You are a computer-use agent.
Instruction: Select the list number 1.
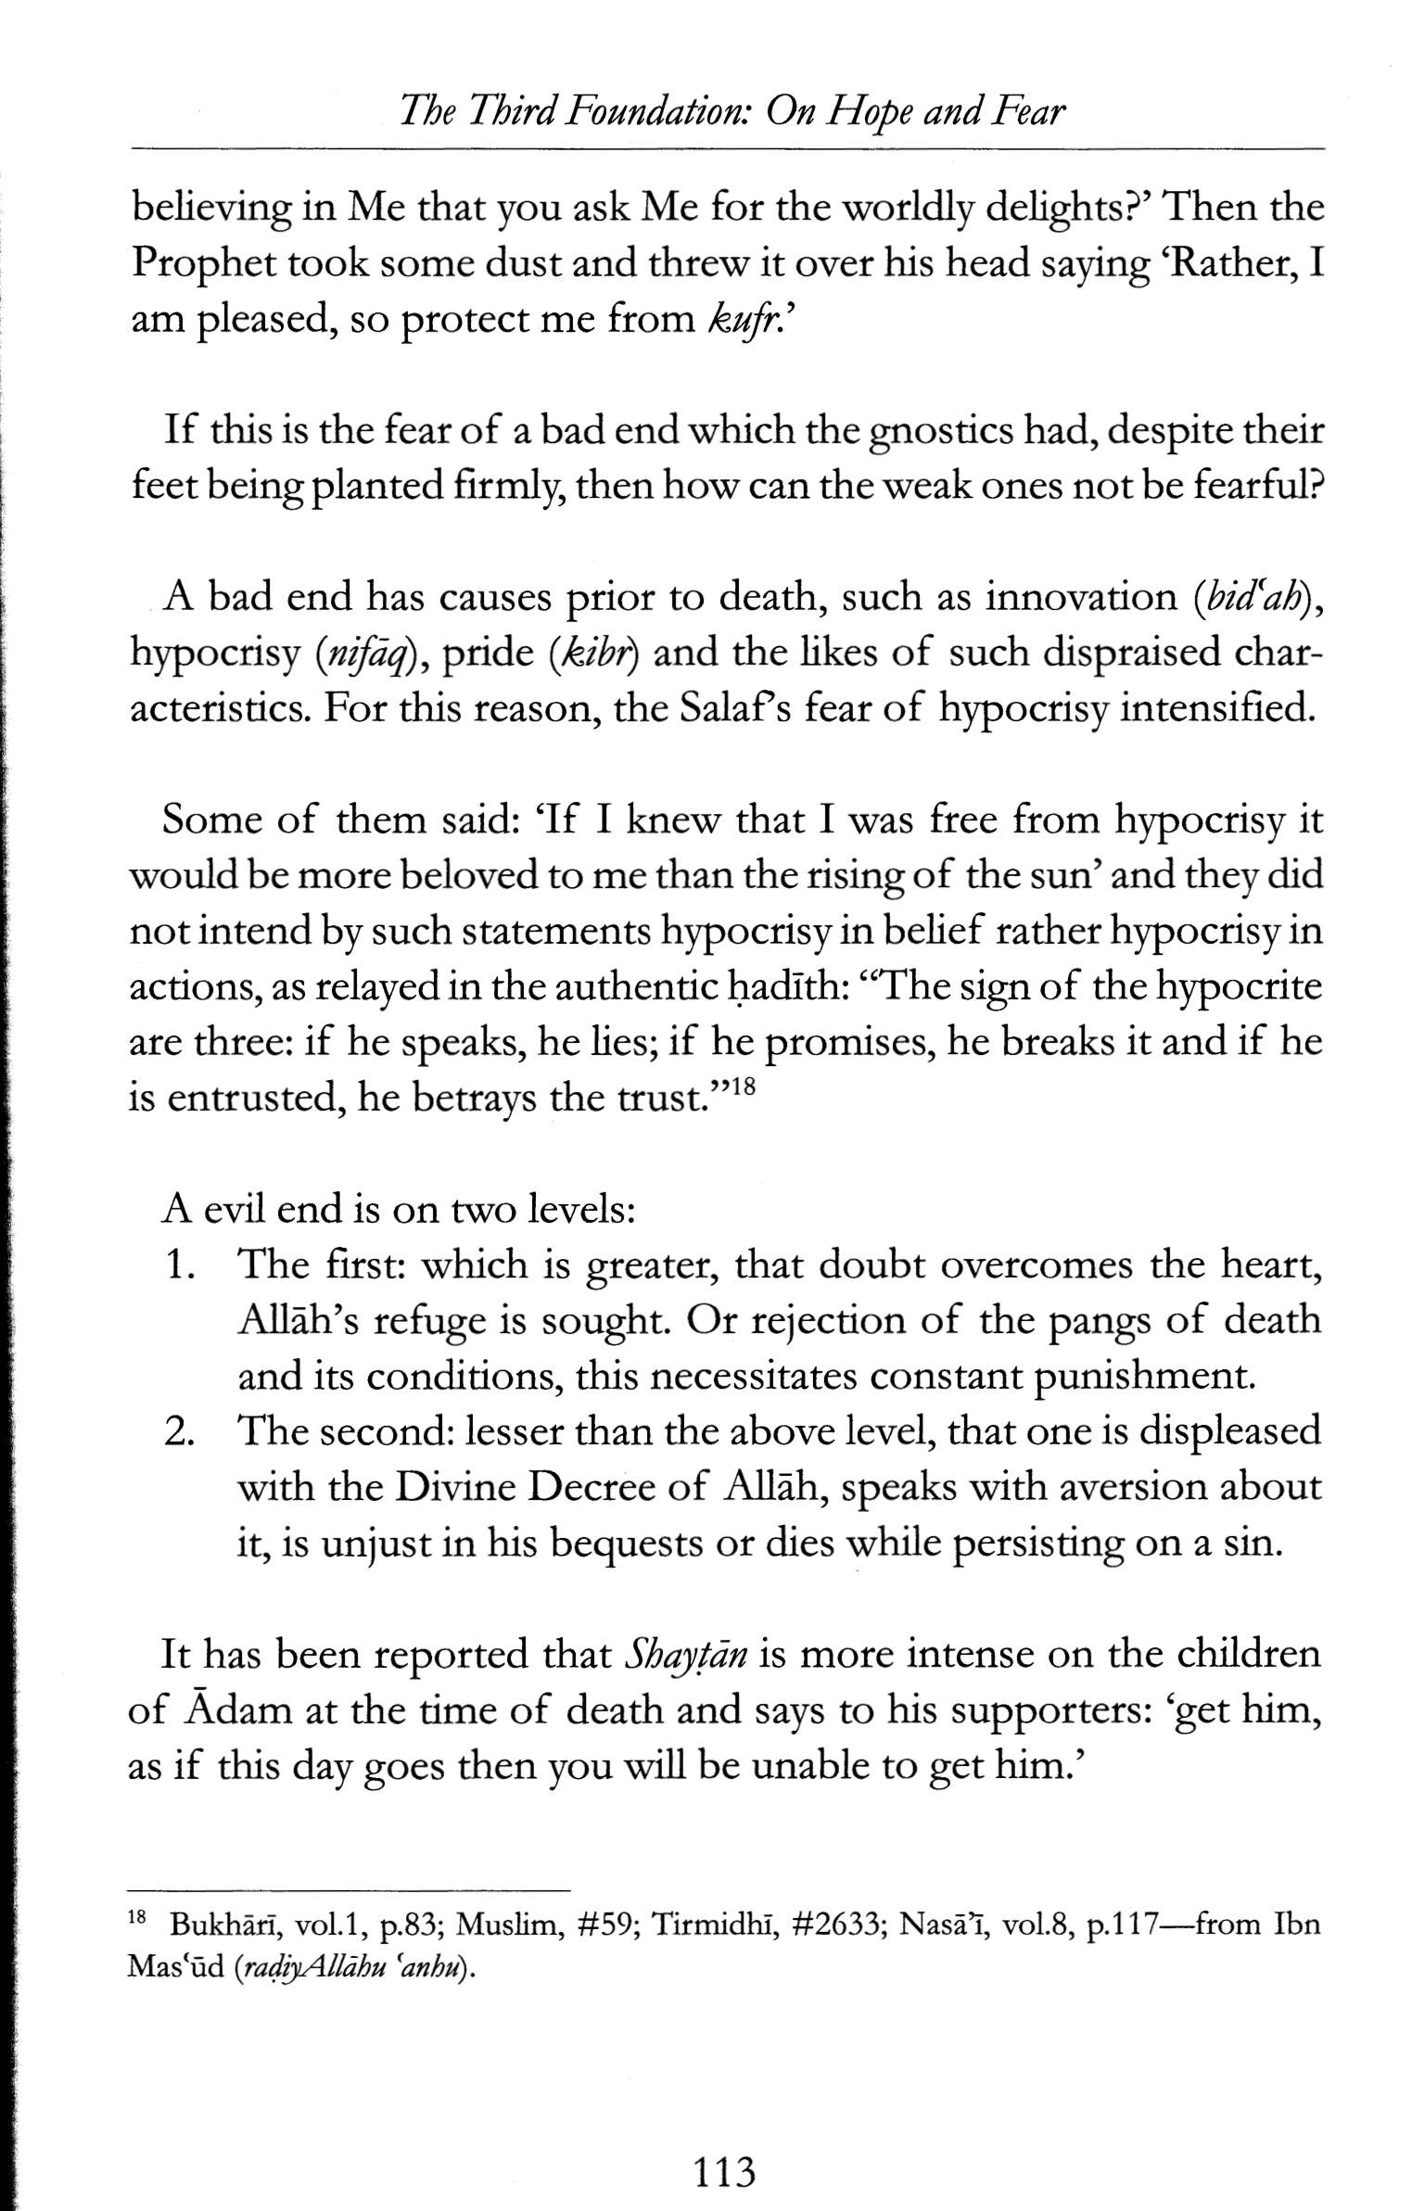(183, 1266)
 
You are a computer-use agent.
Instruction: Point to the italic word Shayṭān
(687, 1656)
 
